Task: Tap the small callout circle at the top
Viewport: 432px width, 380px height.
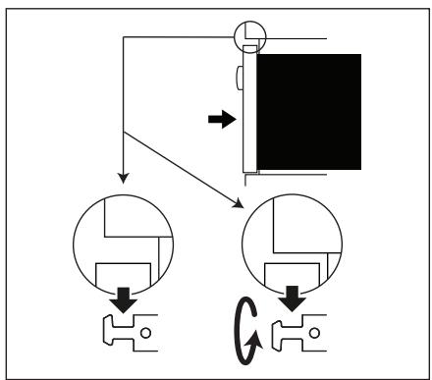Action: (x=247, y=38)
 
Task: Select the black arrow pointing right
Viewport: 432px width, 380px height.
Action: (x=223, y=120)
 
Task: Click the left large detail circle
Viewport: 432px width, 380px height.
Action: (x=124, y=241)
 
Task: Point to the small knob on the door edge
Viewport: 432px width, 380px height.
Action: (x=240, y=77)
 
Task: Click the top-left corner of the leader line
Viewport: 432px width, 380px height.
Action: (x=123, y=38)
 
